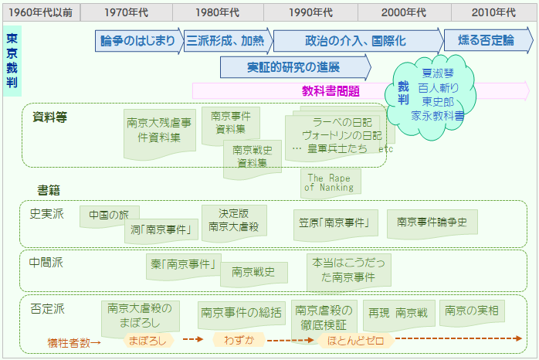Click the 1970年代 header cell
tap(127, 12)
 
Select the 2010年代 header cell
tap(494, 12)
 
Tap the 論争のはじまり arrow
tap(138, 41)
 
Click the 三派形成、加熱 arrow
tap(225, 41)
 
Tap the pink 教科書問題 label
tap(331, 91)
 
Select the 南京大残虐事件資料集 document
tap(159, 131)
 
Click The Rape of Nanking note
tap(329, 182)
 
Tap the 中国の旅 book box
tap(109, 216)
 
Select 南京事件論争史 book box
tap(432, 222)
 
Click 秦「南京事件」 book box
tap(181, 264)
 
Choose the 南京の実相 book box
tap(471, 311)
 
